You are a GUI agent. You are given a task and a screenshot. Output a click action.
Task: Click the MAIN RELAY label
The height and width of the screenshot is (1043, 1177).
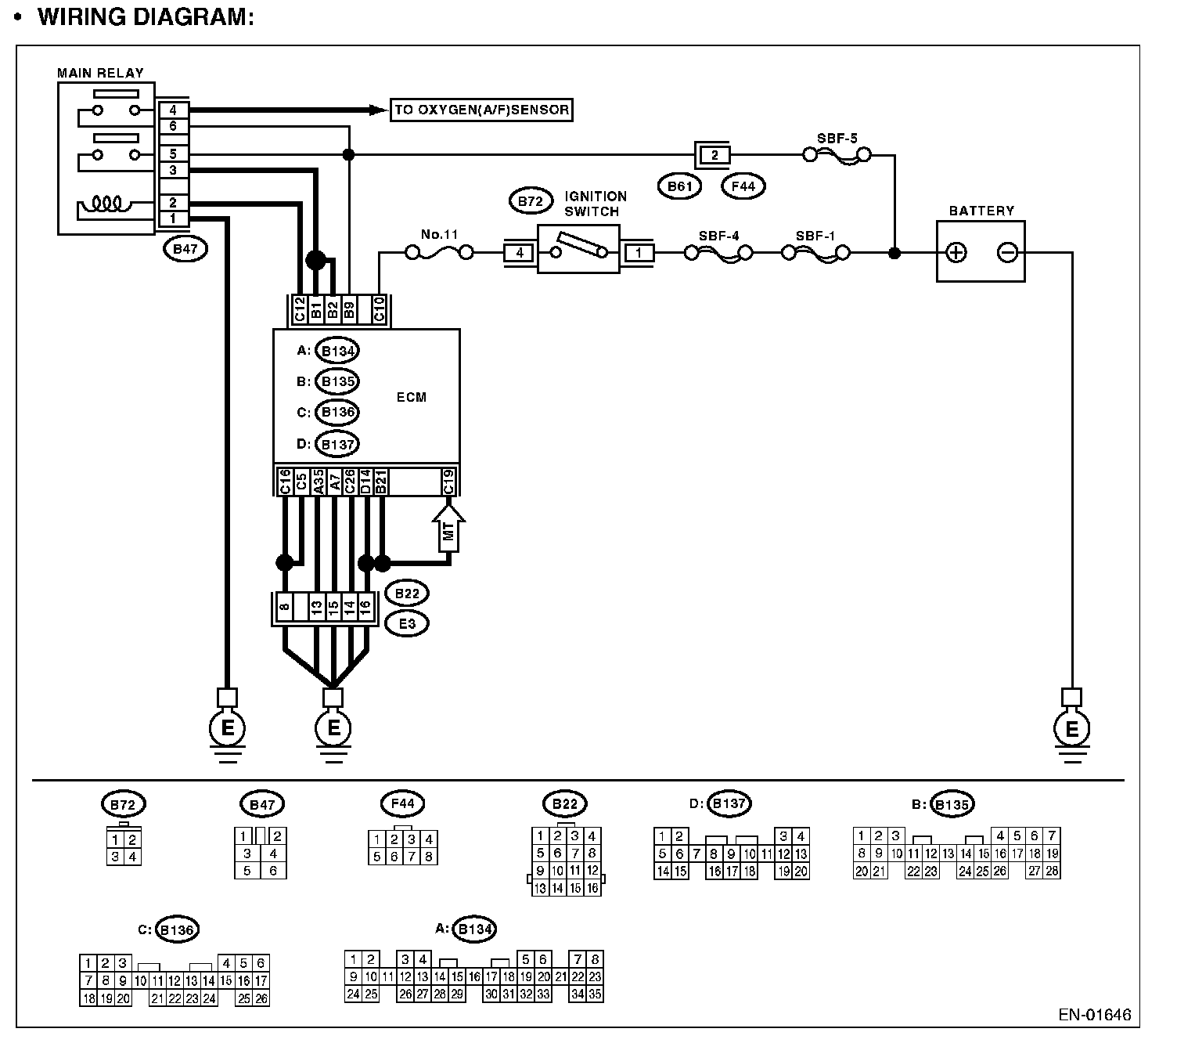click(x=100, y=73)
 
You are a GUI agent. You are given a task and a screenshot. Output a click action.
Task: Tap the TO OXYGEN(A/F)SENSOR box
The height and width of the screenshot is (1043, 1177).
click(x=481, y=110)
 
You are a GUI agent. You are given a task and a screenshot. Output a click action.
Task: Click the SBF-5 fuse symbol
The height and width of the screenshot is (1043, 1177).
click(x=837, y=156)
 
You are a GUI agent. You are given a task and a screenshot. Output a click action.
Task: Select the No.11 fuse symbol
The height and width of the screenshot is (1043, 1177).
click(x=438, y=252)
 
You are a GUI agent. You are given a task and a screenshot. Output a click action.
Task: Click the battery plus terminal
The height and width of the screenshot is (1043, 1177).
click(x=956, y=252)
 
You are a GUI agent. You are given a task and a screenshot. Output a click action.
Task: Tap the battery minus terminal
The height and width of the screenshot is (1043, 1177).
click(x=1007, y=252)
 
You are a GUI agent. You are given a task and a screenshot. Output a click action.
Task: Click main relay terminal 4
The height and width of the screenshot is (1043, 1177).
click(x=173, y=110)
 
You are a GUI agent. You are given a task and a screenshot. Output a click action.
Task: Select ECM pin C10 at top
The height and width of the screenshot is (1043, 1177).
click(x=379, y=310)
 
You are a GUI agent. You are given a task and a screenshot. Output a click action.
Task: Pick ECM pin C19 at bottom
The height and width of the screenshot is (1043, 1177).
click(x=448, y=481)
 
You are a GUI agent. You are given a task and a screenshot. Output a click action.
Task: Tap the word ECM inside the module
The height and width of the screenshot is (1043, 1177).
click(x=412, y=397)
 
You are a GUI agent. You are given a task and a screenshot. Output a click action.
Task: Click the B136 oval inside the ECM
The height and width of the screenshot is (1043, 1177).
click(x=337, y=413)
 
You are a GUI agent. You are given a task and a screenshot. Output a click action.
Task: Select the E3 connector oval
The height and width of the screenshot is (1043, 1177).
click(x=406, y=623)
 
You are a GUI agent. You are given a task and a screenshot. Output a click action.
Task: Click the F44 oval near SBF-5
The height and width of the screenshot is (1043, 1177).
click(x=743, y=186)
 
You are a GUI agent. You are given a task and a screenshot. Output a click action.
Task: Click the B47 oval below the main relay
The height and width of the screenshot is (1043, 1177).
click(x=184, y=250)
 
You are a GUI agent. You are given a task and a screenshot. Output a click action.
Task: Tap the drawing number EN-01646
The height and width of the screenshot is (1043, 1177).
click(x=1094, y=1016)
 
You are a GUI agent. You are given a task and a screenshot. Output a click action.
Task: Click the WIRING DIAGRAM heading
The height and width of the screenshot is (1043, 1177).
click(x=146, y=17)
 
